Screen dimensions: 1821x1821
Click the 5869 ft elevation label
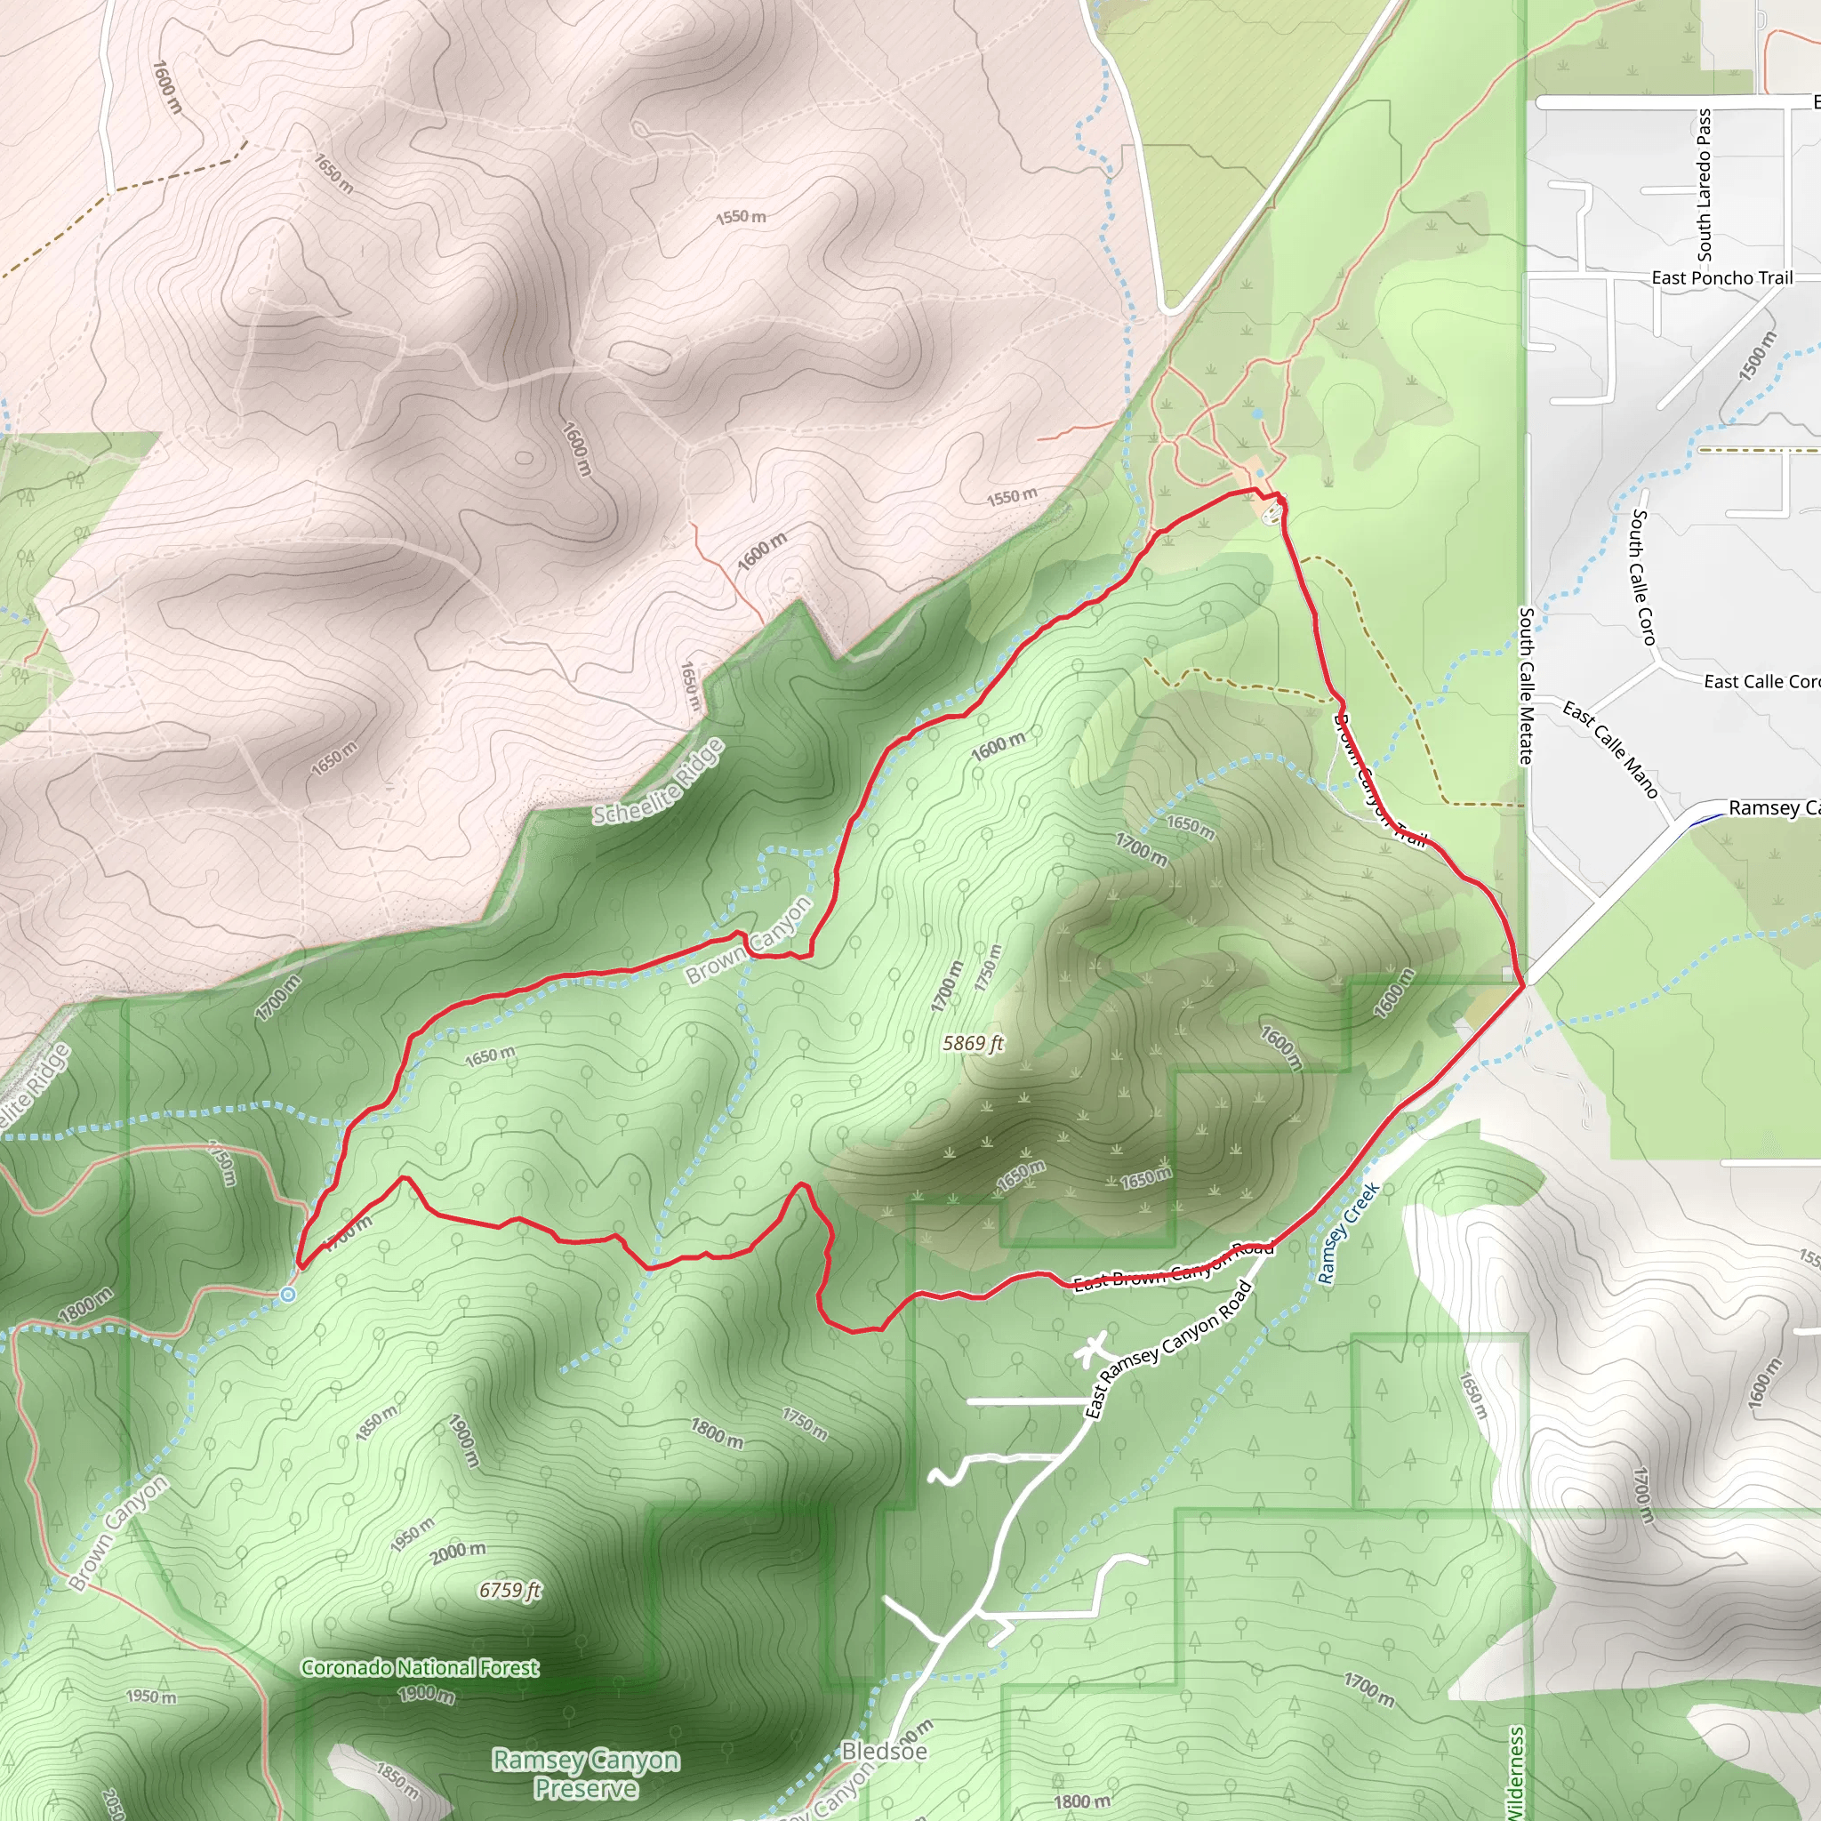(974, 1043)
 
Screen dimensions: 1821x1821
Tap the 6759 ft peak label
(509, 1590)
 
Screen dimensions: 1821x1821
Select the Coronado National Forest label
(421, 1667)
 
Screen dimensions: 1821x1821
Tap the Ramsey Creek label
(1349, 1233)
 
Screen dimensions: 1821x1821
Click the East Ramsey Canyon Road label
(1168, 1349)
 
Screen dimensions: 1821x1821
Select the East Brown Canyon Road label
(1175, 1265)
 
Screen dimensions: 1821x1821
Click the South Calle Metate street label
(1526, 686)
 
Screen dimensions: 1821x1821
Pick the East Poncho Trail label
(1722, 278)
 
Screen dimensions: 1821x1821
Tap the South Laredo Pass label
(1705, 185)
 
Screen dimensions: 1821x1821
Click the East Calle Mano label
(1611, 750)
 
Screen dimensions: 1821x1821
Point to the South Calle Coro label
(1643, 577)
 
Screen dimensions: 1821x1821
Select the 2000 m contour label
(459, 1552)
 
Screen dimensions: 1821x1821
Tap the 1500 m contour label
(1757, 357)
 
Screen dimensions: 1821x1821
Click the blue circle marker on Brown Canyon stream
(287, 1295)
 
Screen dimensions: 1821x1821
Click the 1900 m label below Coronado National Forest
(425, 1694)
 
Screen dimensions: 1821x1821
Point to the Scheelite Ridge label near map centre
(659, 782)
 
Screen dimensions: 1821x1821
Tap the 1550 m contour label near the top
(741, 217)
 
